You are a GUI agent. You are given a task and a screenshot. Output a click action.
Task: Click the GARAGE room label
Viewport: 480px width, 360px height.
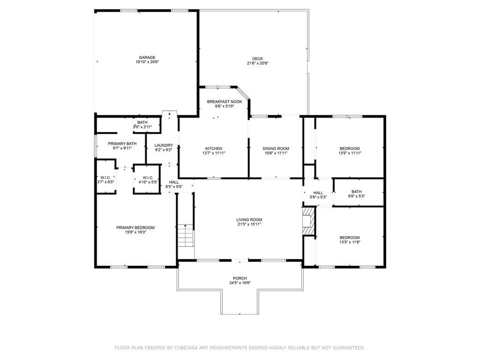click(147, 58)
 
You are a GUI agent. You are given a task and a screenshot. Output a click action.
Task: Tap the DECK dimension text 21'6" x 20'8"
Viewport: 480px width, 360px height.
click(257, 63)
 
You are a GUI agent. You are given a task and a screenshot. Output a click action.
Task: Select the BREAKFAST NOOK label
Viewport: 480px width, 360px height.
click(225, 102)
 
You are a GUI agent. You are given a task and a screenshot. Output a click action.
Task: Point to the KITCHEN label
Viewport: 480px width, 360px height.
click(214, 149)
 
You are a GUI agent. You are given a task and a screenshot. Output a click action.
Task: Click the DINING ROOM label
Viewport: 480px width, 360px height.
click(276, 149)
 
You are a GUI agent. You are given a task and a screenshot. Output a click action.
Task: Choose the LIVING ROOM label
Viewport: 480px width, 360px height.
click(249, 220)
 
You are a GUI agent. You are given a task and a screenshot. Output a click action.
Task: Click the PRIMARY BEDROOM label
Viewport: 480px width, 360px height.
click(135, 228)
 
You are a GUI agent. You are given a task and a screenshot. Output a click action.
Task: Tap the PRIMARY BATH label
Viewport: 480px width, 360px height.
click(122, 144)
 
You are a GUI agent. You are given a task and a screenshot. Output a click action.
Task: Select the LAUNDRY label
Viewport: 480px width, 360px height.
click(164, 145)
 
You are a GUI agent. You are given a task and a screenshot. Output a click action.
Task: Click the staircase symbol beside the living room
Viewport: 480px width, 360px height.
click(186, 235)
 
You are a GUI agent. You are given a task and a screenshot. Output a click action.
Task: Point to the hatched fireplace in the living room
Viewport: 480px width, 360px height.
click(309, 221)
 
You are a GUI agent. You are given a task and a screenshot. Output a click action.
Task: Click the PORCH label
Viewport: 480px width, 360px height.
click(240, 278)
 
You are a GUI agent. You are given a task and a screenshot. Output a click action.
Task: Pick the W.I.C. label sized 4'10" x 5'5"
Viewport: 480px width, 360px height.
click(148, 178)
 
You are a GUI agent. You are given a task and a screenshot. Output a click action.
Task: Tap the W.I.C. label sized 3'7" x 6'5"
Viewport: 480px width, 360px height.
click(105, 178)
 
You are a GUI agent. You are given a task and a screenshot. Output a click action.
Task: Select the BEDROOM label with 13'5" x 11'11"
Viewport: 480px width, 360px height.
click(350, 149)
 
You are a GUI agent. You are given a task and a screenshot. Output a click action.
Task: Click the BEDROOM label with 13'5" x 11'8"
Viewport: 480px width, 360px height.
click(350, 238)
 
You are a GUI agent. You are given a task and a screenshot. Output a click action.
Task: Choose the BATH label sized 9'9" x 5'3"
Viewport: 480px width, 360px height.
click(356, 192)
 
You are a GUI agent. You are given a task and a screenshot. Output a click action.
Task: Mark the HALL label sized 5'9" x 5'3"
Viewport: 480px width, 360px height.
click(318, 193)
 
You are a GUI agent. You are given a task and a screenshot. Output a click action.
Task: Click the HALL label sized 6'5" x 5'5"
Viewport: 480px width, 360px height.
click(174, 182)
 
